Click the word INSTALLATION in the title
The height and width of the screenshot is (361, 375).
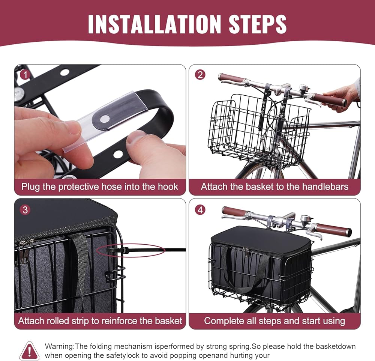tap(154, 24)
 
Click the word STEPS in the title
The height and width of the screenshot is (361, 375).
tap(258, 24)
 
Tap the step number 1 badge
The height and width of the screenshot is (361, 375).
tap(25, 75)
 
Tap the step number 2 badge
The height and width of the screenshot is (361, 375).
tap(200, 75)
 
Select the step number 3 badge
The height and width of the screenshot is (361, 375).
tap(25, 210)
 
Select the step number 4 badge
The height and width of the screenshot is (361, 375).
tap(200, 210)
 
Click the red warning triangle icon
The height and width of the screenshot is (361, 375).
tap(29, 351)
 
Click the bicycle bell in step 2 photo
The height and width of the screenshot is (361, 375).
tap(303, 87)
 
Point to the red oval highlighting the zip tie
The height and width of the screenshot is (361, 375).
tap(131, 250)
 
